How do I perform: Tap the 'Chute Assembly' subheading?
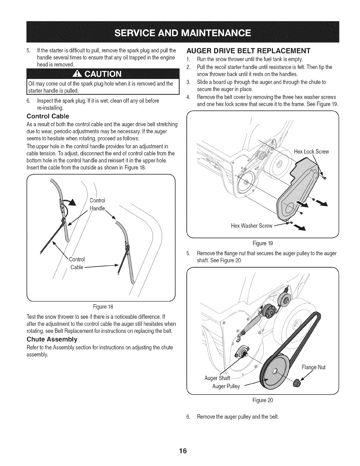[x=52, y=339]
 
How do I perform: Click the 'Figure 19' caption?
[x=262, y=243]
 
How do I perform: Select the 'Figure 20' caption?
[x=263, y=400]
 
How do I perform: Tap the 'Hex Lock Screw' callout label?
[x=311, y=152]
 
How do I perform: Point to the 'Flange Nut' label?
[x=314, y=367]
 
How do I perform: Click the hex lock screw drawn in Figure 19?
[x=324, y=178]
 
